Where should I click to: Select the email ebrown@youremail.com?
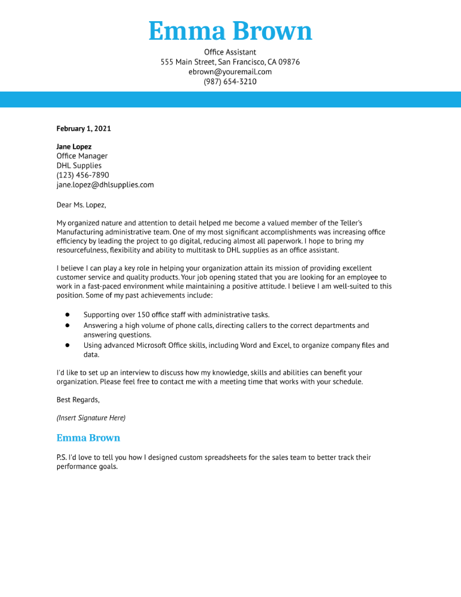pyautogui.click(x=230, y=72)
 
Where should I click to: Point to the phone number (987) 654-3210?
pyautogui.click(x=230, y=81)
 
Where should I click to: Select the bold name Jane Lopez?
pyautogui.click(x=74, y=147)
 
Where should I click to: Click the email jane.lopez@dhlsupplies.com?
pyautogui.click(x=105, y=185)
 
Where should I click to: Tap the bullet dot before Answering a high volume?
pyautogui.click(x=67, y=325)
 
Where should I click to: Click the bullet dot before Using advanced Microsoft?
pyautogui.click(x=67, y=345)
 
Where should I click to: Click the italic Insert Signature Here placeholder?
pyautogui.click(x=91, y=418)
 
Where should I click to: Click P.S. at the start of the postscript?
pyautogui.click(x=61, y=457)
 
